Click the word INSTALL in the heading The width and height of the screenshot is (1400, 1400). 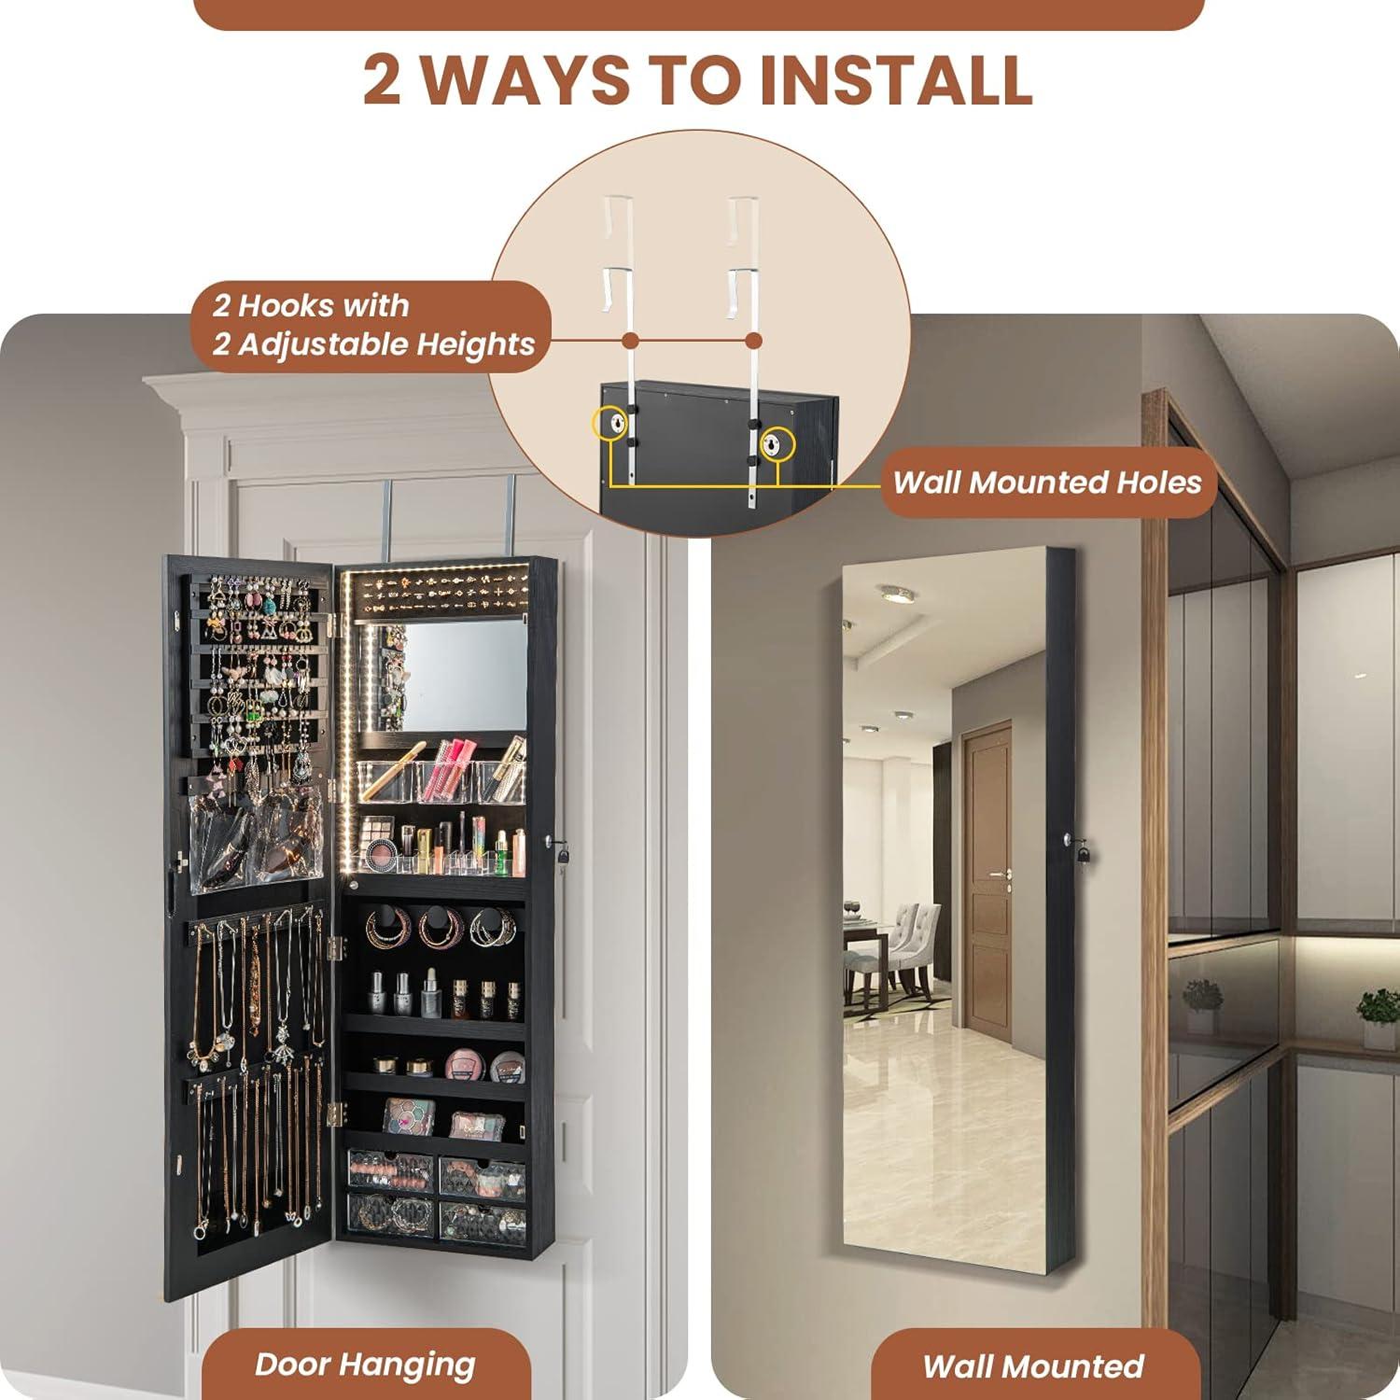click(x=896, y=79)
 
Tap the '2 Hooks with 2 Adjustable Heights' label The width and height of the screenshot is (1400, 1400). click(x=372, y=325)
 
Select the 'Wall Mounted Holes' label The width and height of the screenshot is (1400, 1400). click(x=1047, y=483)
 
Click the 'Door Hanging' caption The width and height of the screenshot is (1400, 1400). click(x=365, y=1365)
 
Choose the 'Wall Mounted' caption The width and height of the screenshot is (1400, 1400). click(x=1032, y=1366)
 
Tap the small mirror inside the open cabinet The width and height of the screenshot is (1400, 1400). click(x=456, y=675)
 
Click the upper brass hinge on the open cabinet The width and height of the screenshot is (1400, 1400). click(x=338, y=947)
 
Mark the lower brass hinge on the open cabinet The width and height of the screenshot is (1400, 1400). click(x=338, y=1113)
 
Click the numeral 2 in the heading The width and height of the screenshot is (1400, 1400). click(x=383, y=79)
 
